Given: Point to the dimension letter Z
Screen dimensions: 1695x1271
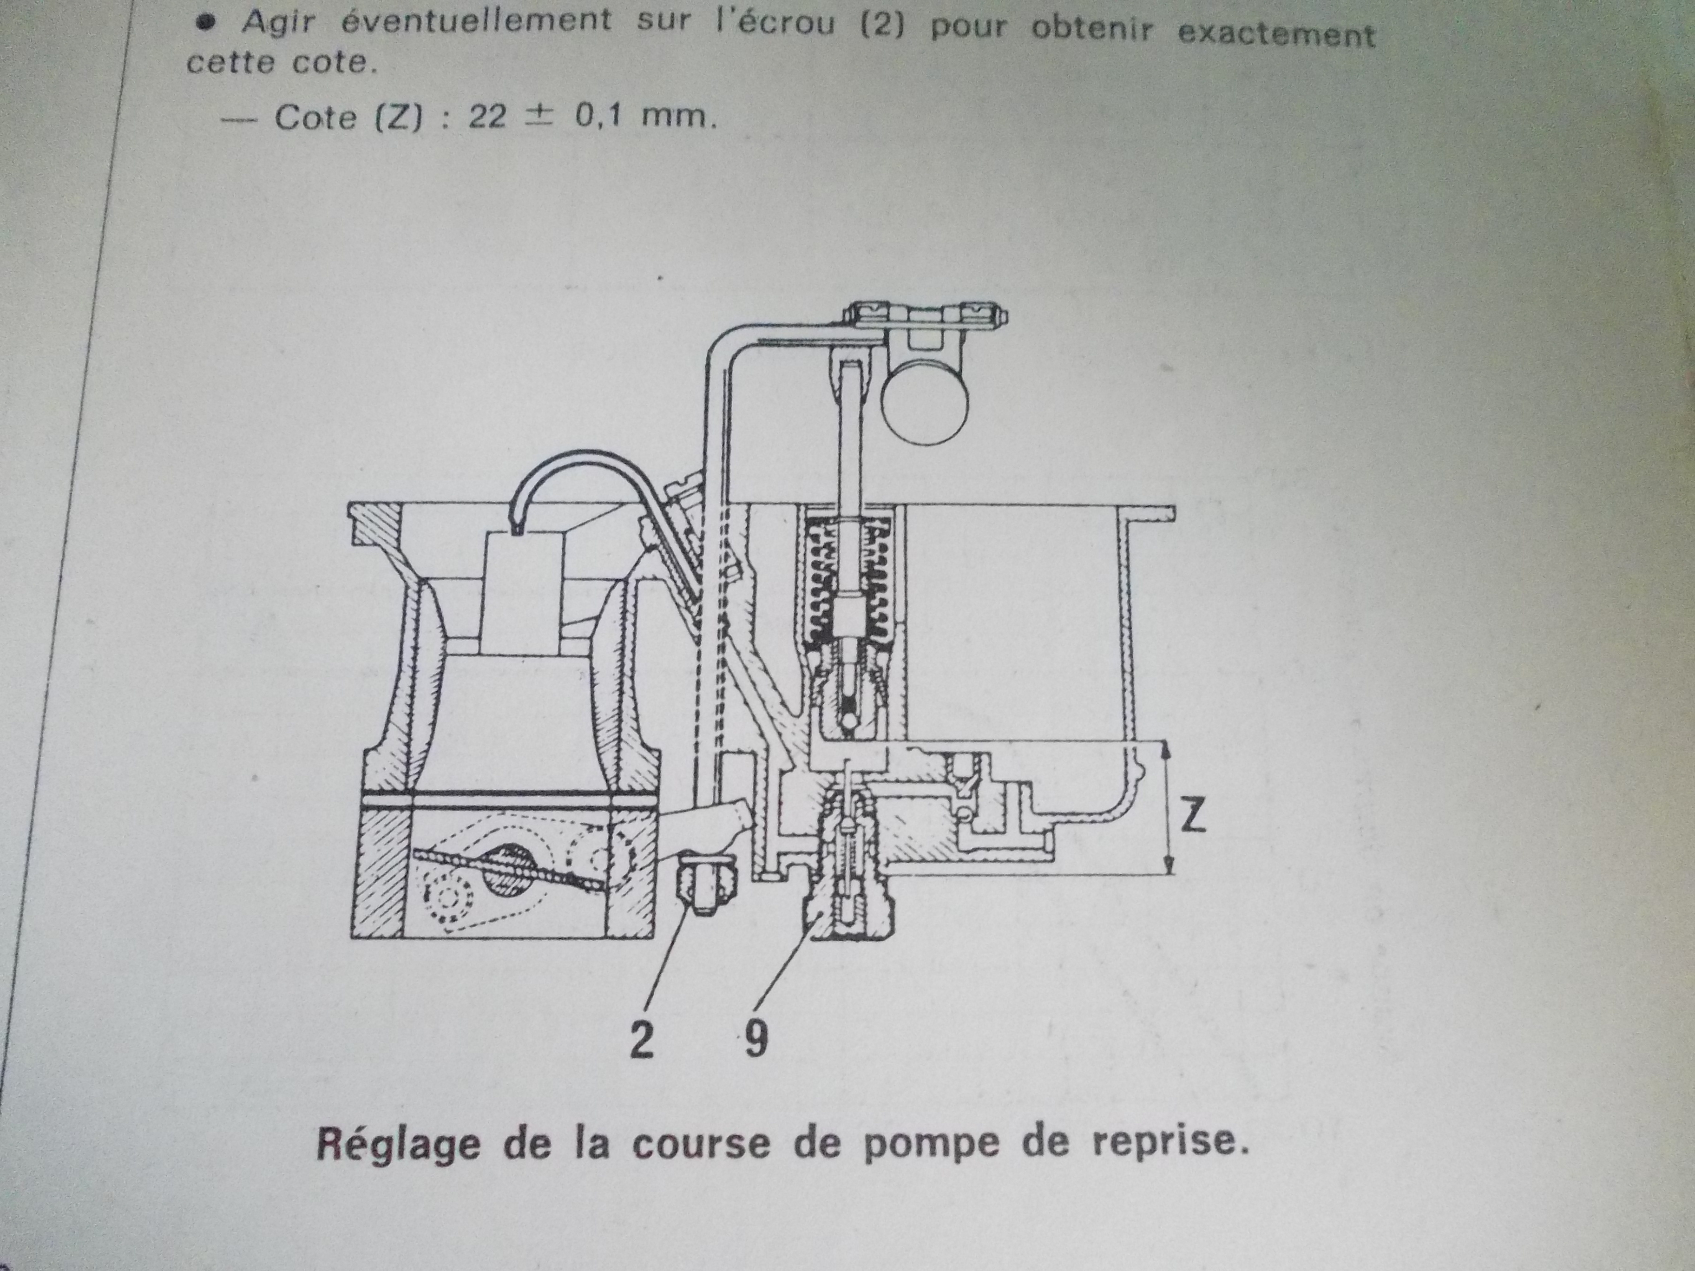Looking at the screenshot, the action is pyautogui.click(x=1192, y=818).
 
